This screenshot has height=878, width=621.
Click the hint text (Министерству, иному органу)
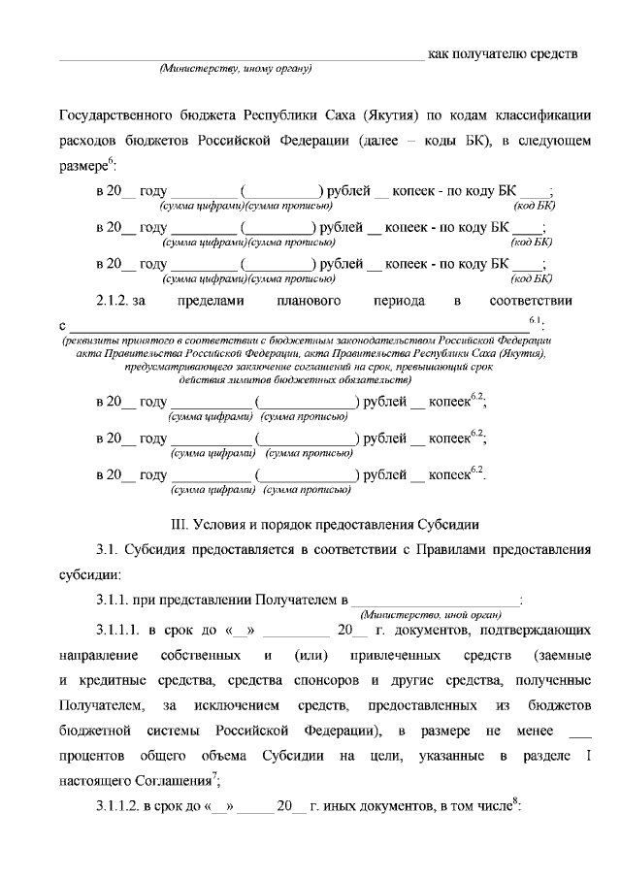(x=234, y=69)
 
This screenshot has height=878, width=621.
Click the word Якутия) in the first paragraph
(x=394, y=114)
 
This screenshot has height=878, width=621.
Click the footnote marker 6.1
(x=536, y=319)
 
